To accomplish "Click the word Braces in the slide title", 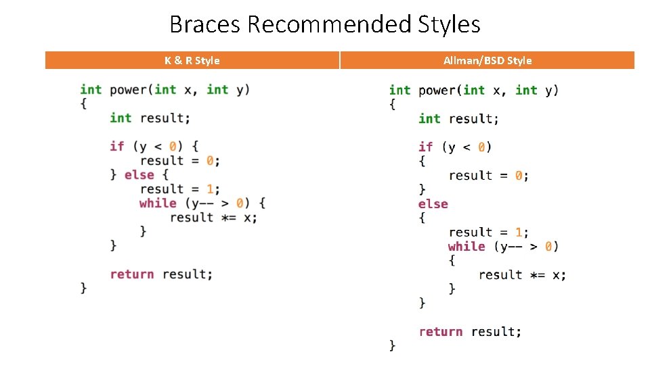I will click(206, 24).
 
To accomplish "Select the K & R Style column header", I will click(192, 61).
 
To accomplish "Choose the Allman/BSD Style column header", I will click(487, 61).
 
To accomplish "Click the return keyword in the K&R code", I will click(132, 274).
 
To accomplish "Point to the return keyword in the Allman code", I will click(441, 331).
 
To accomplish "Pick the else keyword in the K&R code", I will click(139, 174).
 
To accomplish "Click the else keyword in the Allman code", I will click(433, 203).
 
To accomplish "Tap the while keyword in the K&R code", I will click(158, 203).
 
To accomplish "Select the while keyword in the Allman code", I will click(467, 246).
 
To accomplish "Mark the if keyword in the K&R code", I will click(117, 146).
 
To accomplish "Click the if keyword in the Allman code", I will click(426, 147).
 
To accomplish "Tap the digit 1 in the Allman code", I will click(518, 232).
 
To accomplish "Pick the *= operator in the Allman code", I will click(538, 274).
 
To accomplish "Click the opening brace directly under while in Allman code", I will click(452, 260).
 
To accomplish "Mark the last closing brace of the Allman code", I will click(393, 345).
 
